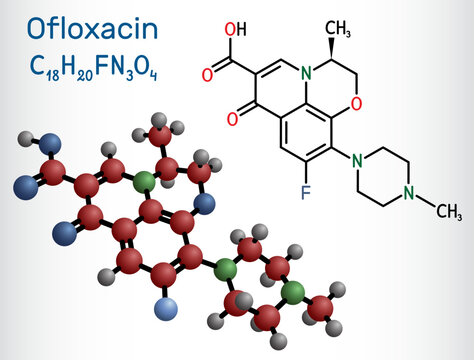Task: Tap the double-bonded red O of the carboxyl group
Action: coord(207,75)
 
